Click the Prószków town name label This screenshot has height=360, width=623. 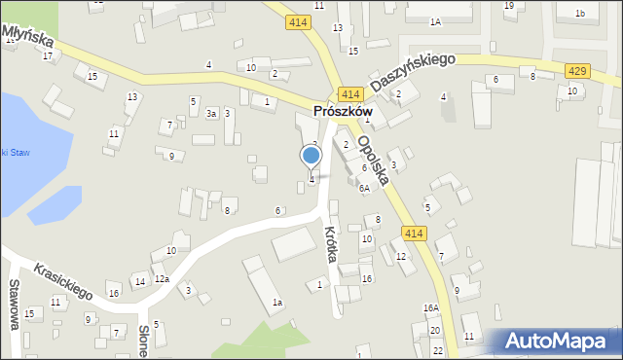coord(344,113)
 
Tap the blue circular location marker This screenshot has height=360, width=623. coord(311,155)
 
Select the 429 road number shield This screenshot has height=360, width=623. coord(576,70)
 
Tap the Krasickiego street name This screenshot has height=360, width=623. coord(62,280)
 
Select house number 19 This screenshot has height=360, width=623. coord(509,6)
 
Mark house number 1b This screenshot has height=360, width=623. coord(580,13)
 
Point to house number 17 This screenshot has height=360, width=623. coord(48,55)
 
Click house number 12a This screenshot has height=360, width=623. coord(162,279)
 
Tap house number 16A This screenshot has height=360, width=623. coord(430,308)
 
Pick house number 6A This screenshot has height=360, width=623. coord(364,189)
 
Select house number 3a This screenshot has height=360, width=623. coord(210,114)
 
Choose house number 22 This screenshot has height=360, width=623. coord(438,350)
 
